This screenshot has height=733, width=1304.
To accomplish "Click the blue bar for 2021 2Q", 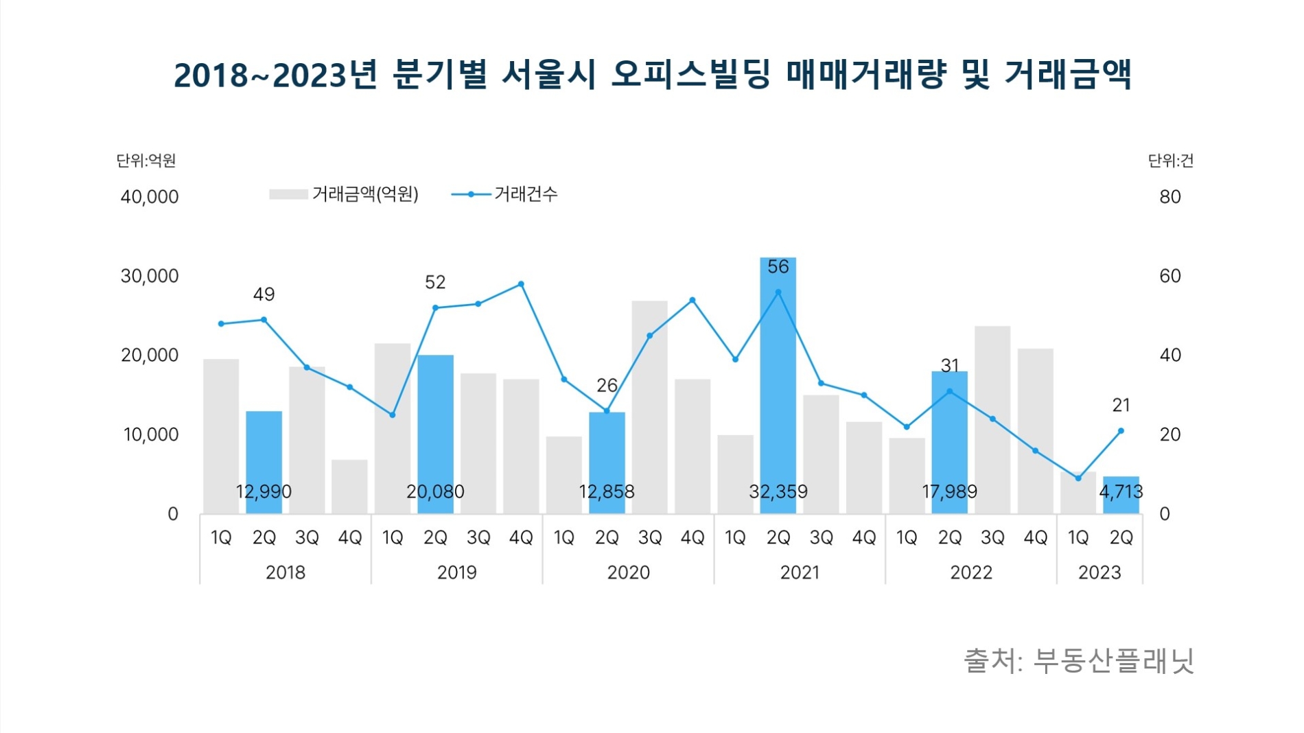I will tap(778, 384).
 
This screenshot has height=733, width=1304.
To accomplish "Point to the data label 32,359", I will tap(778, 491).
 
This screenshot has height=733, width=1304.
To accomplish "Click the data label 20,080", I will tap(435, 491).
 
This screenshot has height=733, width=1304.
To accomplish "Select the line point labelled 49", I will tap(264, 320).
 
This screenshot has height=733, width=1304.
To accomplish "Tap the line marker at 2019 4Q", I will tap(521, 284).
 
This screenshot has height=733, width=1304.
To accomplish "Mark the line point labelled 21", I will tap(1121, 431).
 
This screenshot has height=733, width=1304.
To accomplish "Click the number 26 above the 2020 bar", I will tap(607, 386).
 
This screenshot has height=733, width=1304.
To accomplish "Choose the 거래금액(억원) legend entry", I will tap(344, 195).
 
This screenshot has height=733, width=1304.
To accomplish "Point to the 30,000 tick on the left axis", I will tap(150, 276).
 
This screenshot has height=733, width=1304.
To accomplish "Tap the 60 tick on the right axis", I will tap(1169, 276).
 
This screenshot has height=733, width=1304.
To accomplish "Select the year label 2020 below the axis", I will tap(628, 572).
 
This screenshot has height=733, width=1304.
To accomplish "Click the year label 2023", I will tap(1099, 572).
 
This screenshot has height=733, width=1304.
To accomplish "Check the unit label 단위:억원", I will tap(146, 161).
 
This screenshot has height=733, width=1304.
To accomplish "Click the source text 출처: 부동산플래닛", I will tap(1078, 661).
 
